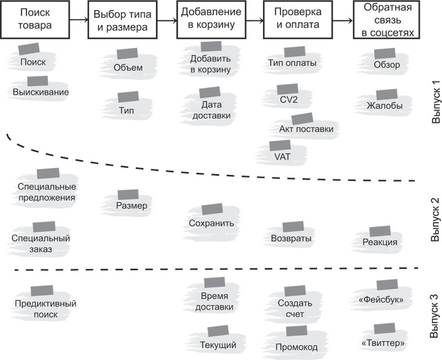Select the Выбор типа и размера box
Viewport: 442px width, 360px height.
point(125,20)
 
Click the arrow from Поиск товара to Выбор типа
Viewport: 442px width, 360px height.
point(80,20)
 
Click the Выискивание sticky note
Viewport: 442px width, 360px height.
point(41,91)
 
